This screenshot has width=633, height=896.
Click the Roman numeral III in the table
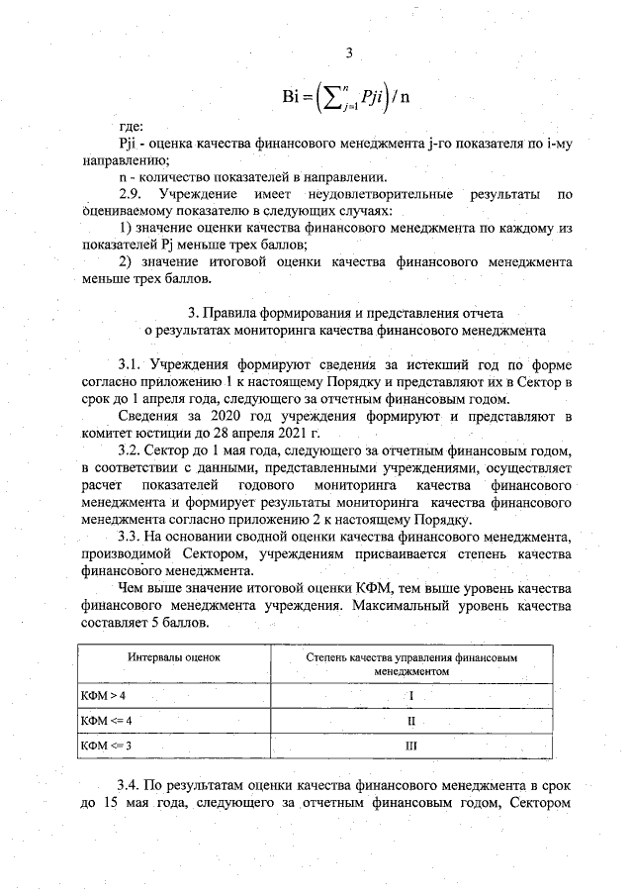[x=411, y=744]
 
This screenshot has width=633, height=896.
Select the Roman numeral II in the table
[x=411, y=720]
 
